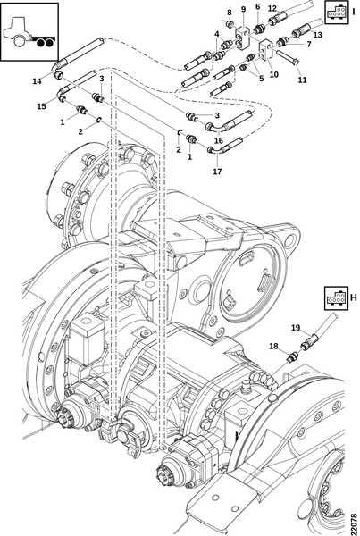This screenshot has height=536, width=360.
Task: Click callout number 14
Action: (x=37, y=81)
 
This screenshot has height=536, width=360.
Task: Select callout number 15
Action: (x=41, y=106)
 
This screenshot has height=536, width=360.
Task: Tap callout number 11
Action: (x=302, y=80)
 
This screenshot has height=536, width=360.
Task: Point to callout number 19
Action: (x=296, y=328)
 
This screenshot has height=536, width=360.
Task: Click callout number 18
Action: (x=274, y=347)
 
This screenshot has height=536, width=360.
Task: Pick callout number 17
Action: (x=217, y=172)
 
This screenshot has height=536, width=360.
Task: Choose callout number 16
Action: (x=219, y=140)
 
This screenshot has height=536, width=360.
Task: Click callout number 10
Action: (x=274, y=74)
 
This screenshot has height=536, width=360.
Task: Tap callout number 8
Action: (x=230, y=13)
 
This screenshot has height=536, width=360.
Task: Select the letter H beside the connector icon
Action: (x=354, y=297)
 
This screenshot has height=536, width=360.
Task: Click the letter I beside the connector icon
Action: (x=354, y=12)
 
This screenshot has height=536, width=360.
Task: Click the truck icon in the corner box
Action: (x=29, y=34)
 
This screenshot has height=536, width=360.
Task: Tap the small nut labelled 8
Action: (x=230, y=25)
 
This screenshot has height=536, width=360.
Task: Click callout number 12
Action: (x=272, y=9)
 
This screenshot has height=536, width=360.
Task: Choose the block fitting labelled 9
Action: (x=242, y=39)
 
